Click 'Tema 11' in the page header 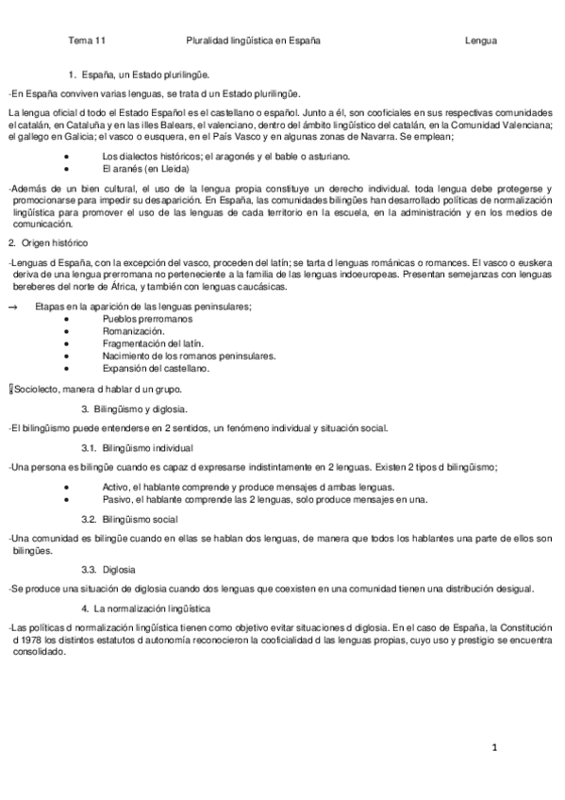(88, 41)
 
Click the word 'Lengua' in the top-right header (481, 41)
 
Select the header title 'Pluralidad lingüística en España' (254, 41)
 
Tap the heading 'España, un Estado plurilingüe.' (146, 74)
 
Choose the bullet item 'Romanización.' (133, 331)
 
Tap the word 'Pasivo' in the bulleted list (117, 498)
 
